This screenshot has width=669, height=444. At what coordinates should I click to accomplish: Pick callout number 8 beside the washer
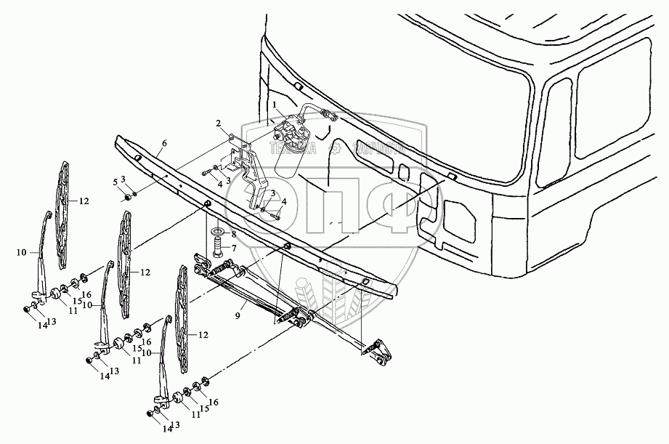[232, 234]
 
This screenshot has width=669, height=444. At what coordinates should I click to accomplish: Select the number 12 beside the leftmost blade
[84, 201]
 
